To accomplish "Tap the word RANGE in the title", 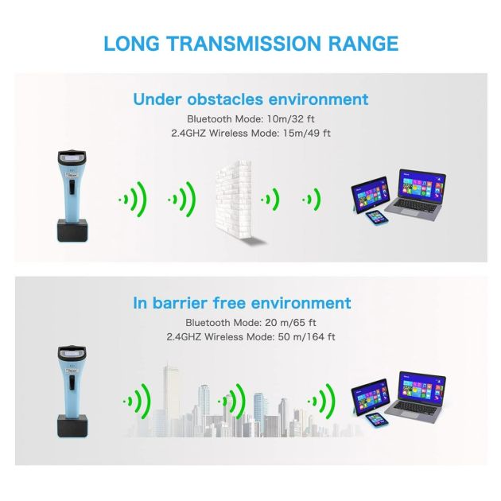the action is (x=363, y=44).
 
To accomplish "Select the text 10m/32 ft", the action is (x=291, y=118).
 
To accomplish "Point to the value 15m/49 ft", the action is (x=307, y=133).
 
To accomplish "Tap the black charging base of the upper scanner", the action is (x=72, y=231).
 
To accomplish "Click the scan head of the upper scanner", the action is (x=72, y=157).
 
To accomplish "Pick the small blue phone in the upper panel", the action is (x=377, y=218).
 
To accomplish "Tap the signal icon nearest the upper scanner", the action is (x=133, y=200).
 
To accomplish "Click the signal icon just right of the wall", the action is (x=270, y=200).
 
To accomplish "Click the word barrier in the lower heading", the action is (x=180, y=303).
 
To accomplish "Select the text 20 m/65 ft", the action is (x=290, y=323).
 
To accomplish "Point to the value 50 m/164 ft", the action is (x=306, y=336).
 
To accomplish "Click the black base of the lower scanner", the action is (x=72, y=426).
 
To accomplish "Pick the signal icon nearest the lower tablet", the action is (x=322, y=402).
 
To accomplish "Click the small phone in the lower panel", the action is (x=377, y=420).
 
